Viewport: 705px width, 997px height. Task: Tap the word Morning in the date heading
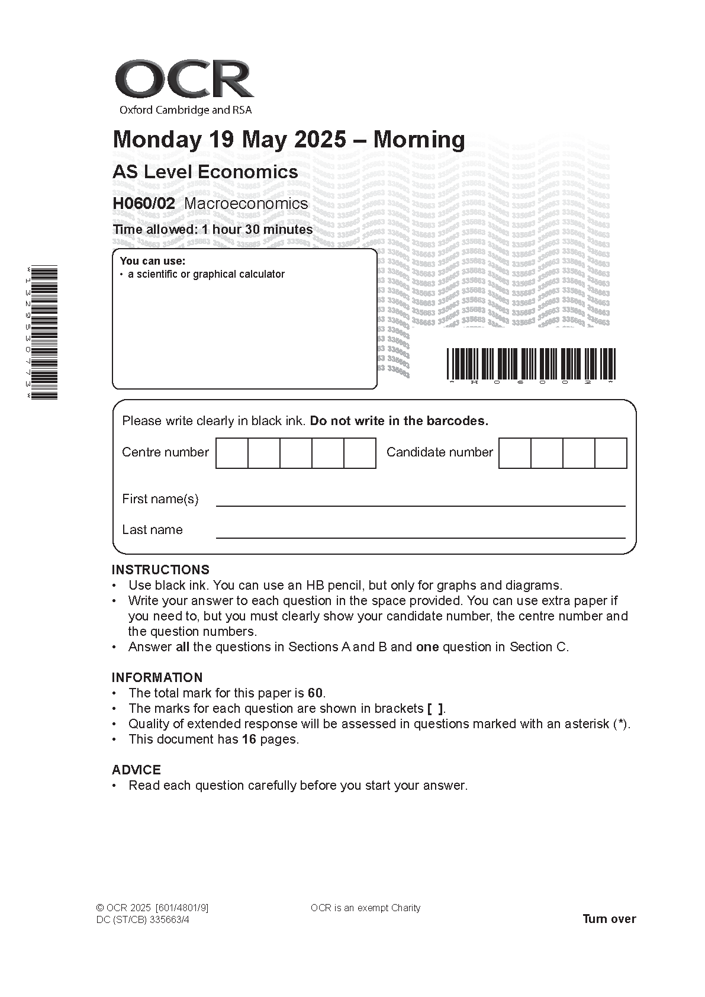click(x=419, y=140)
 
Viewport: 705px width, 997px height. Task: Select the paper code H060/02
click(x=144, y=204)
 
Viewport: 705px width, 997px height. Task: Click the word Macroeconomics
click(x=246, y=204)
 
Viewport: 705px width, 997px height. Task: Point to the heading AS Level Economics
click(x=205, y=172)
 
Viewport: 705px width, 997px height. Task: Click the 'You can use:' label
click(x=152, y=261)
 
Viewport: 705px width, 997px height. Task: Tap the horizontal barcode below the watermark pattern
click(x=531, y=364)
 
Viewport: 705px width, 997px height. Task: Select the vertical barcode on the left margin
click(x=44, y=333)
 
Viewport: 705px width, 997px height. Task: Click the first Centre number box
click(x=231, y=453)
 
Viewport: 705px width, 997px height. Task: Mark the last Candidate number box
click(x=610, y=453)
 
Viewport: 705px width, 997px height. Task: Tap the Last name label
click(x=152, y=530)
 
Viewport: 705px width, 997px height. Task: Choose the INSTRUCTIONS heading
click(x=160, y=570)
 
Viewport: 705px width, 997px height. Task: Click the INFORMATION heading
click(x=157, y=678)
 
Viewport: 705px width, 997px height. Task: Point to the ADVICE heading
click(x=136, y=770)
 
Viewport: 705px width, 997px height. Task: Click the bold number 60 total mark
click(x=316, y=693)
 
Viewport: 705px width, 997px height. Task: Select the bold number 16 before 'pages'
click(x=249, y=739)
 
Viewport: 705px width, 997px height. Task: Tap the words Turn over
click(x=609, y=919)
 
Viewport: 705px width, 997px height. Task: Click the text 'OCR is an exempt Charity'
click(x=365, y=908)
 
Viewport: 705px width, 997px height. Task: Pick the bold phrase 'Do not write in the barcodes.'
click(x=399, y=422)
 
